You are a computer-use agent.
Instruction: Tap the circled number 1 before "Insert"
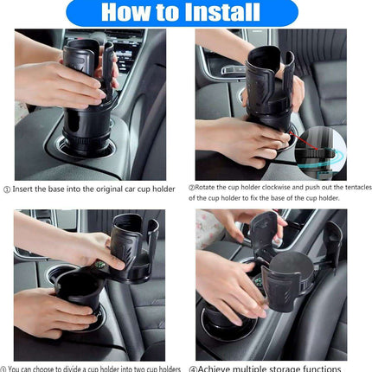pyautogui.click(x=7, y=189)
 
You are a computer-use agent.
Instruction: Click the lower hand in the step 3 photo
pyautogui.click(x=52, y=311)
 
